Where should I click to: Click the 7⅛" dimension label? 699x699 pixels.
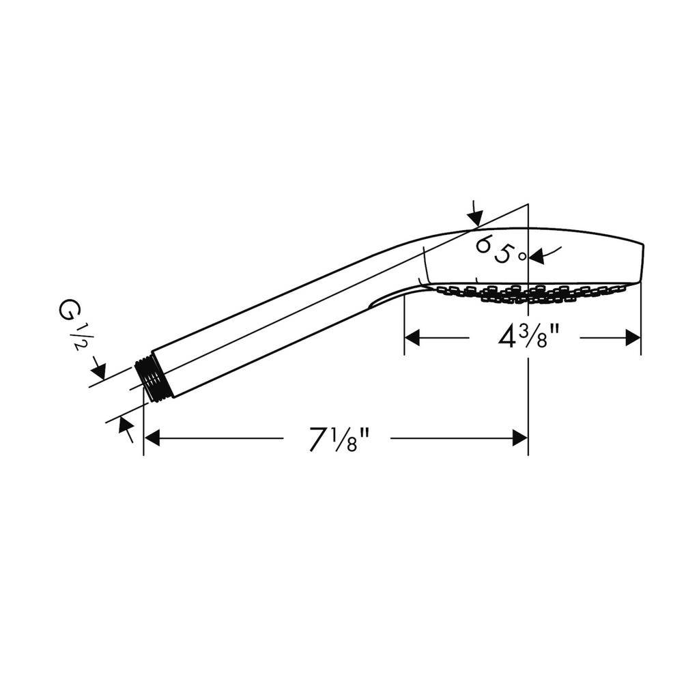click(x=340, y=440)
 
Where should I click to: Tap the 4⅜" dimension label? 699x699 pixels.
click(x=528, y=337)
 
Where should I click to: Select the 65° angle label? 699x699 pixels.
click(x=500, y=250)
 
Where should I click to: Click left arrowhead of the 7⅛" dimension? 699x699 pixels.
click(x=152, y=439)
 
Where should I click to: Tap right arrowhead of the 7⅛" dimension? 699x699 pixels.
click(x=520, y=439)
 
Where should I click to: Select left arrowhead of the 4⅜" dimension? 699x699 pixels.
click(x=412, y=337)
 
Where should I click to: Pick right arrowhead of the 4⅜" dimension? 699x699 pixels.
click(x=633, y=337)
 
